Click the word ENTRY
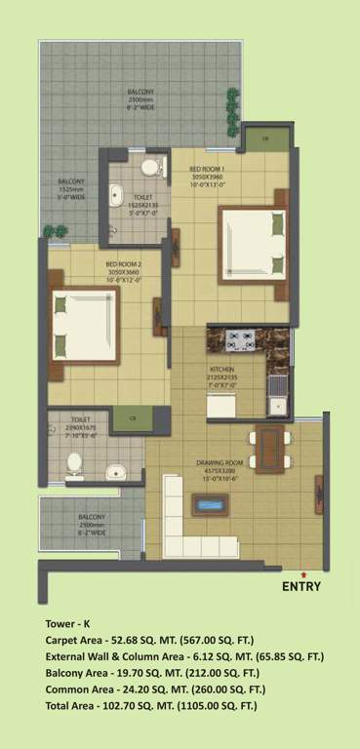tap(300, 586)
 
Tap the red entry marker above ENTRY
tap(303, 573)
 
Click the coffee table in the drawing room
tap(209, 505)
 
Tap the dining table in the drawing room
tap(267, 446)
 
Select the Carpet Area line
tap(149, 640)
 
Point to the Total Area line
tap(148, 705)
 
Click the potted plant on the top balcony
tap(232, 101)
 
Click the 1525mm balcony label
tap(70, 190)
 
